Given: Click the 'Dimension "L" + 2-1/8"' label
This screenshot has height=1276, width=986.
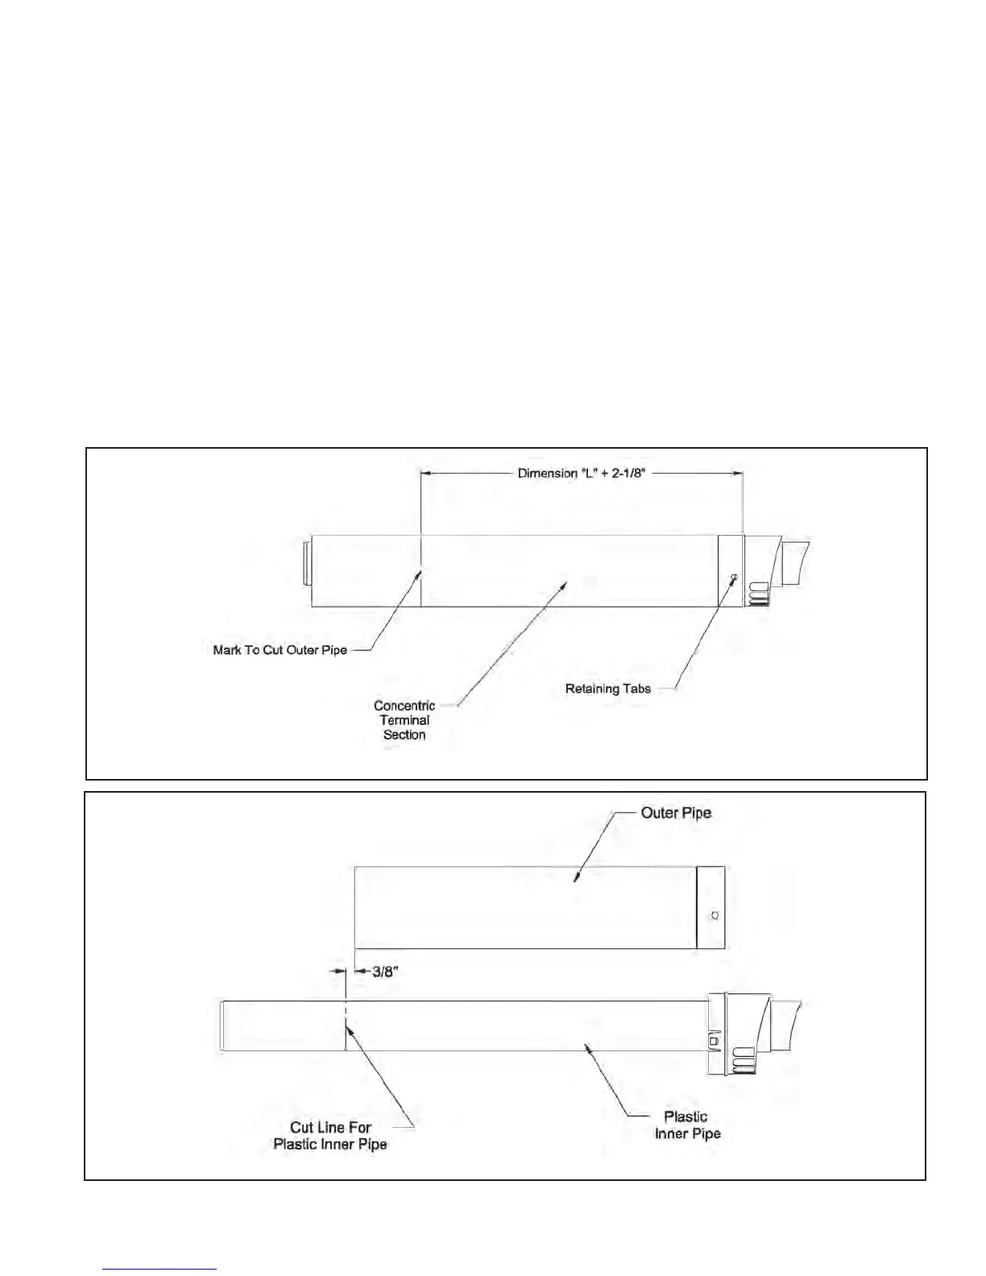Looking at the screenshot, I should pyautogui.click(x=581, y=473).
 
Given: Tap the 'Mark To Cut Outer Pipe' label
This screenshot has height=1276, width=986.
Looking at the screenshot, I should pyautogui.click(x=280, y=650).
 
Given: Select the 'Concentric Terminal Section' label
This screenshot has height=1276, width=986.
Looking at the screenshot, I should pyautogui.click(x=404, y=720).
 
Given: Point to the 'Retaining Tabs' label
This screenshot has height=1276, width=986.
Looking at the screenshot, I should pyautogui.click(x=607, y=689).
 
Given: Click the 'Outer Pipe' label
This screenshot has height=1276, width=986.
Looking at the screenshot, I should pyautogui.click(x=676, y=813).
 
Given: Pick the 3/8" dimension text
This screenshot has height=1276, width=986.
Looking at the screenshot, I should pyautogui.click(x=385, y=971).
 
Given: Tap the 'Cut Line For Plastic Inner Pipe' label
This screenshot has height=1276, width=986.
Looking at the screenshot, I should pyautogui.click(x=330, y=1136).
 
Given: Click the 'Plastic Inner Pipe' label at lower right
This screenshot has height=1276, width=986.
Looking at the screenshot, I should pyautogui.click(x=687, y=1125).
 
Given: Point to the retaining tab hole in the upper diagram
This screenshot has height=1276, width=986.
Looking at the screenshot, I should pyautogui.click(x=733, y=577).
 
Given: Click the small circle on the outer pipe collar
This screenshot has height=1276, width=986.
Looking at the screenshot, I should pyautogui.click(x=716, y=915).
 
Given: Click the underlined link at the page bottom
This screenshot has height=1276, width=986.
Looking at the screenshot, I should pyautogui.click(x=159, y=1270).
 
